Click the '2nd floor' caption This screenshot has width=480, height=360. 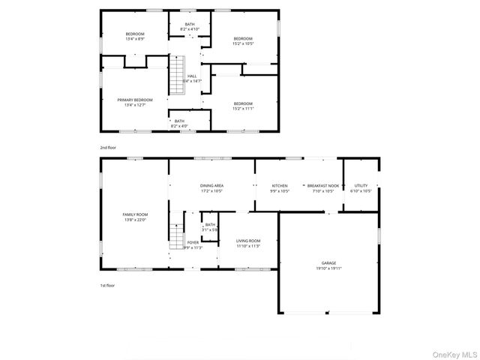108,148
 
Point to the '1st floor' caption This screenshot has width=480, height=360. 108,286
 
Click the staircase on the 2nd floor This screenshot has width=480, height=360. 176,76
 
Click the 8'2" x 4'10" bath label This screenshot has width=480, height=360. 190,26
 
